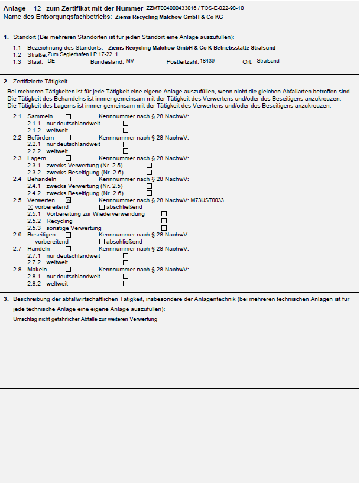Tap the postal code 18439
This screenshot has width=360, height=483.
pyautogui.click(x=207, y=61)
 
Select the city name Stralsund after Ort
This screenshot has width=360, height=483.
pyautogui.click(x=268, y=61)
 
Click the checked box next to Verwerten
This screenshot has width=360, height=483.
pyautogui.click(x=68, y=200)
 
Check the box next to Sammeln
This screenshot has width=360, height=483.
pyautogui.click(x=68, y=117)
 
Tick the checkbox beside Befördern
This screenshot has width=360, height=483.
pyautogui.click(x=68, y=138)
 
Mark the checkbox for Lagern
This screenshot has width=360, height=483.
pyautogui.click(x=68, y=158)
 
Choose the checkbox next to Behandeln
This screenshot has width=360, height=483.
pyautogui.click(x=68, y=179)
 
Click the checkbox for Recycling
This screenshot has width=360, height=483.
pyautogui.click(x=164, y=221)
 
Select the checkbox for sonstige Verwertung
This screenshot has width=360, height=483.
pyautogui.click(x=164, y=228)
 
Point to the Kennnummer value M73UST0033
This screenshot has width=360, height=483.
pyautogui.click(x=207, y=200)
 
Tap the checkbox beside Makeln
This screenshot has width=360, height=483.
pyautogui.click(x=68, y=270)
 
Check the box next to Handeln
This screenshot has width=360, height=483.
pyautogui.click(x=68, y=249)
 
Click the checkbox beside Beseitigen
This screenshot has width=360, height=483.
pyautogui.click(x=68, y=235)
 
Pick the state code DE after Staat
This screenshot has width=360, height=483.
pyautogui.click(x=51, y=61)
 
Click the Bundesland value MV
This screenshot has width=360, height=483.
pyautogui.click(x=129, y=61)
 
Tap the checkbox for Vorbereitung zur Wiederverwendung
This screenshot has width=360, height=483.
pyautogui.click(x=164, y=214)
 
